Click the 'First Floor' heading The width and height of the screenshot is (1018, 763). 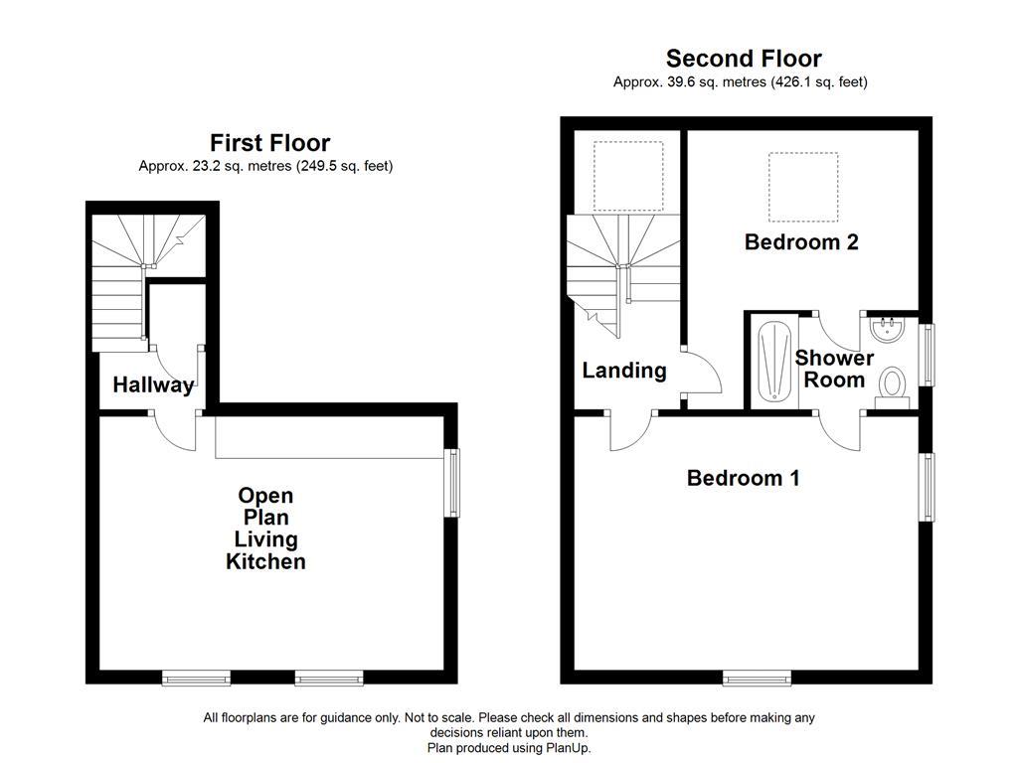coord(269,143)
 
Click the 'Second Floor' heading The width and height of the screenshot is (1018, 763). coord(744,59)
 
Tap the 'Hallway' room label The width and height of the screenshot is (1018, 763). coord(152,385)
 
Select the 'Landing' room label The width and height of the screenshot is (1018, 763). coord(623,371)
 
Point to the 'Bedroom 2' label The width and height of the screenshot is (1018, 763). coord(801,242)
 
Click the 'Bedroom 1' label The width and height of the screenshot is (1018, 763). coord(743,478)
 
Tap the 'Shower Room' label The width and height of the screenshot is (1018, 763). coord(834,369)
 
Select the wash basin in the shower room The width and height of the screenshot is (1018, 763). coord(885,327)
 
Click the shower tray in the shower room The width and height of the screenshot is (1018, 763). coord(771,362)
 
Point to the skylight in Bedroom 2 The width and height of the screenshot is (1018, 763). coord(803,187)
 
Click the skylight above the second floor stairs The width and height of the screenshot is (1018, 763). coord(628,176)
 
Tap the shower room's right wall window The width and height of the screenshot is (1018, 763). coord(928,355)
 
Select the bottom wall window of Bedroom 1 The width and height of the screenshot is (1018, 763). coord(759,680)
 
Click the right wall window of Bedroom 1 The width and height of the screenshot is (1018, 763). coord(928,487)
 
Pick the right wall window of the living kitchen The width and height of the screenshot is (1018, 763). coord(453,483)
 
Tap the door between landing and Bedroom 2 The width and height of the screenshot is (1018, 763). coord(702,373)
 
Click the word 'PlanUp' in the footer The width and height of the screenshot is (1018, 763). coord(568,748)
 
